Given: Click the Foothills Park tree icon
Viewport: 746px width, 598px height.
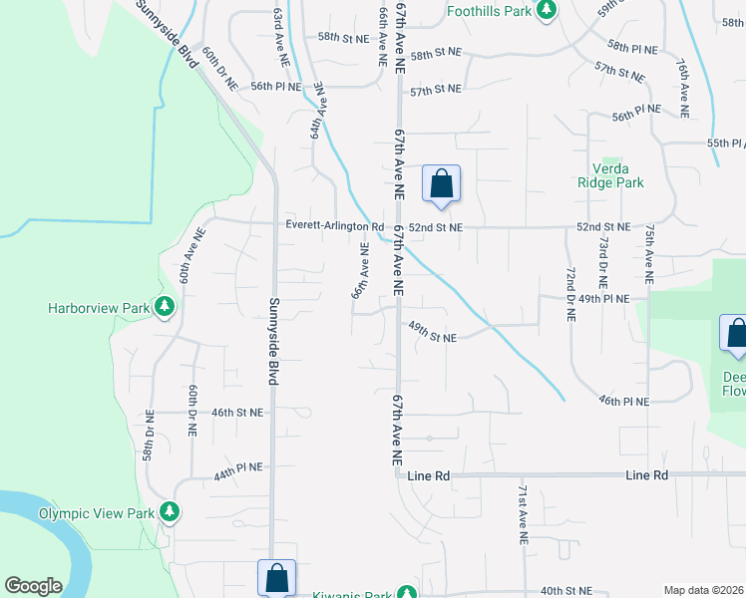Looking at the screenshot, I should coord(546,10).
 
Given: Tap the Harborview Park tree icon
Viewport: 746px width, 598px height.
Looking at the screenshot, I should coord(166,308).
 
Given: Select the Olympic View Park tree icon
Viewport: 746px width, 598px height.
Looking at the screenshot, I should coord(171,513).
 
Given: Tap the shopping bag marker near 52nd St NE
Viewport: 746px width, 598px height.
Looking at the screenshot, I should coord(441,184).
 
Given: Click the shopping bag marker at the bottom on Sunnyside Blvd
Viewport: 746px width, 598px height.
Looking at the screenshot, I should coord(276,578).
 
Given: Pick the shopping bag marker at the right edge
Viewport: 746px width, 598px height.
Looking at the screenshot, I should coord(736,334).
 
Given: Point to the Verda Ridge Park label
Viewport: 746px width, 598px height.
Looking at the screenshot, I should coord(610,174).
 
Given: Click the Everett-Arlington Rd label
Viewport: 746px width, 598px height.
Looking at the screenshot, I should coord(334,226).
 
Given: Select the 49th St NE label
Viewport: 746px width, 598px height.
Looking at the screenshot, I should coord(430,338).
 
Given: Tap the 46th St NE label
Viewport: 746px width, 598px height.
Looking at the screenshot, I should coord(236,412).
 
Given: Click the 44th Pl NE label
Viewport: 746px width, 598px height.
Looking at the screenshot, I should coord(236,466).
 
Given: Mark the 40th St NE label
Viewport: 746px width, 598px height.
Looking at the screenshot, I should coord(565,590).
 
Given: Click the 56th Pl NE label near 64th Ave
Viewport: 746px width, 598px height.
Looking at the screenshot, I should coord(276,87).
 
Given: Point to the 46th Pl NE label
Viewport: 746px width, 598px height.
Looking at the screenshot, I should coord(623,401).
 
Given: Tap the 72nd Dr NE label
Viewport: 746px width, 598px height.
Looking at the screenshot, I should coord(570,293).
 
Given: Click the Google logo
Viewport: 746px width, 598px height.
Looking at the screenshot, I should coord(33,586).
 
